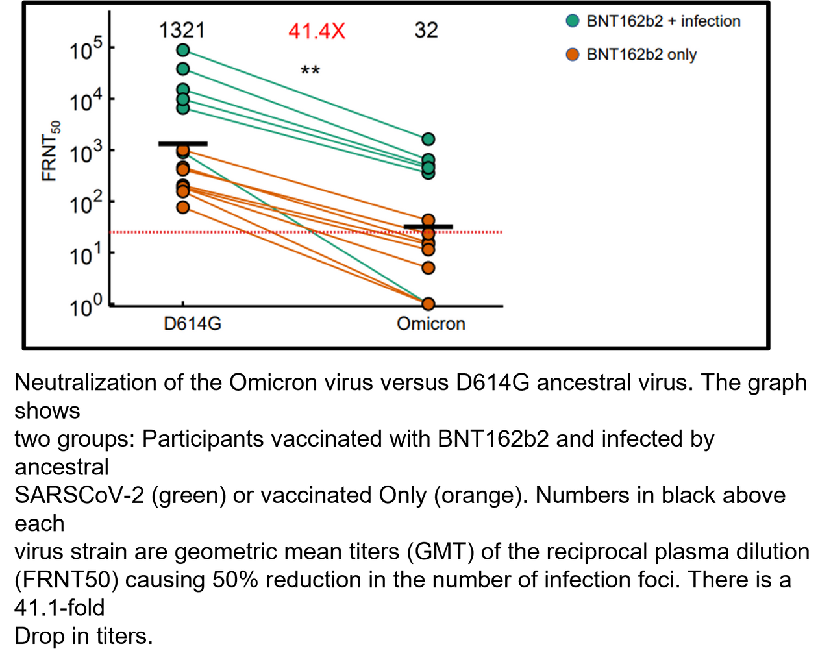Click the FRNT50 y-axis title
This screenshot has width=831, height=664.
click(x=51, y=151)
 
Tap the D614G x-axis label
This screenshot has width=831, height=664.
click(x=192, y=323)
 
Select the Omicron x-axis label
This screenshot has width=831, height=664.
click(x=431, y=323)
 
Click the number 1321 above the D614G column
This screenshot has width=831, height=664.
click(x=182, y=30)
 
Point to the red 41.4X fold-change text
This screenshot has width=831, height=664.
click(x=317, y=31)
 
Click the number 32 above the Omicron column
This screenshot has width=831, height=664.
click(x=427, y=30)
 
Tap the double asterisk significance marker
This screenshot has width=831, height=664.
click(x=310, y=69)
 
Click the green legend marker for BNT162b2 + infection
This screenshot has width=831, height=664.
click(x=573, y=21)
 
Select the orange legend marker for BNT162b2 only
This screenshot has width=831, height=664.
click(x=573, y=55)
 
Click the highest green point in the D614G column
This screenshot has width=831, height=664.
click(x=183, y=50)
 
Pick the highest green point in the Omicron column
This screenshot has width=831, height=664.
click(x=428, y=139)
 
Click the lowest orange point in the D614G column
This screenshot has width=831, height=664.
click(x=183, y=207)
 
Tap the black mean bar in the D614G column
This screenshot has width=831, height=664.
click(x=183, y=143)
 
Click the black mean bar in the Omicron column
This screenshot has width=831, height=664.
click(x=428, y=227)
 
